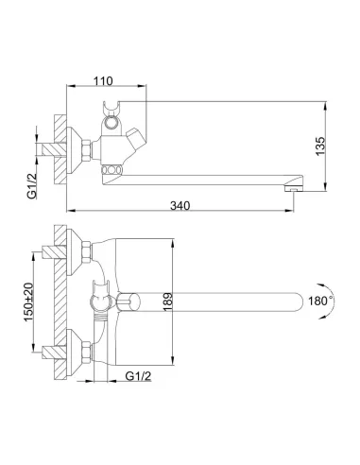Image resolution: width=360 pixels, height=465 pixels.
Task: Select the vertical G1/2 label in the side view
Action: click(x=32, y=182)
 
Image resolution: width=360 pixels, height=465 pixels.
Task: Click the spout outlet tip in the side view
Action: click(x=295, y=184)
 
